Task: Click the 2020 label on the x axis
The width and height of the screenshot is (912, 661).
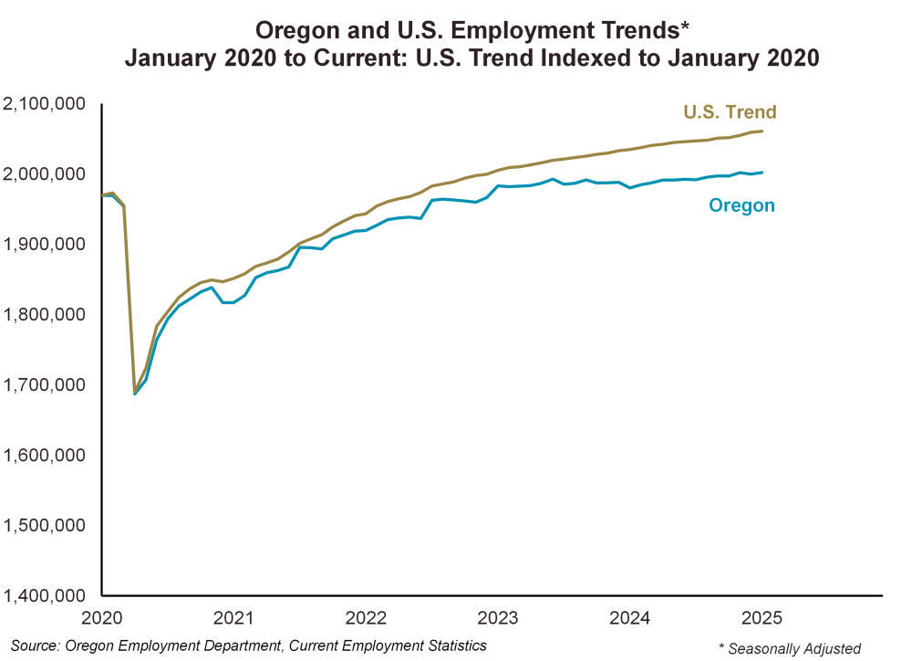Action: click(102, 617)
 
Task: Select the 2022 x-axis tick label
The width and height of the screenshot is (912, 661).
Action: click(368, 617)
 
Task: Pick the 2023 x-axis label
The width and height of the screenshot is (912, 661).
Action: click(499, 617)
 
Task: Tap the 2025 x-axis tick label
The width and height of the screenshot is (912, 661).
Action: click(762, 617)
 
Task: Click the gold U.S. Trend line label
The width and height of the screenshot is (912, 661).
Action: click(730, 112)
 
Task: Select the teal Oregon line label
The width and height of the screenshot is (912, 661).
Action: click(741, 205)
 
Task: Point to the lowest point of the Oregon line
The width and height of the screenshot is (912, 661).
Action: click(135, 393)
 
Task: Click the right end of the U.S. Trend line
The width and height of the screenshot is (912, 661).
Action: click(762, 131)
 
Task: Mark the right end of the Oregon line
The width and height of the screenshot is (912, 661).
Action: click(762, 173)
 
